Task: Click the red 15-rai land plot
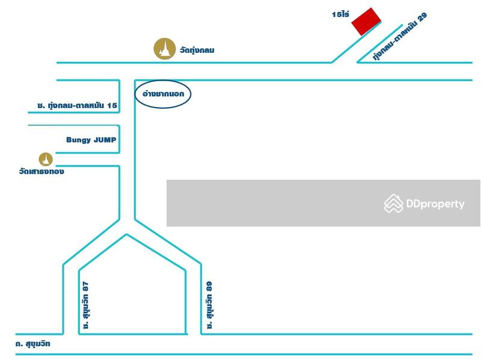pos(366,22)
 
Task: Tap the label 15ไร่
pos(340,14)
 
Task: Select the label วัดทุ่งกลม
pos(197,50)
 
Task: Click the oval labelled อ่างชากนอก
pos(163,94)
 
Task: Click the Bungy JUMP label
pos(91,140)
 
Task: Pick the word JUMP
pos(104,140)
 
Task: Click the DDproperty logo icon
pos(393,204)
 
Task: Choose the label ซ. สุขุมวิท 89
pos(209,305)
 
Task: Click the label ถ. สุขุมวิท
pos(34,344)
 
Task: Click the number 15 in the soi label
pos(112,106)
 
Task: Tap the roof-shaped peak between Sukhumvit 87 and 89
pos(126,235)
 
